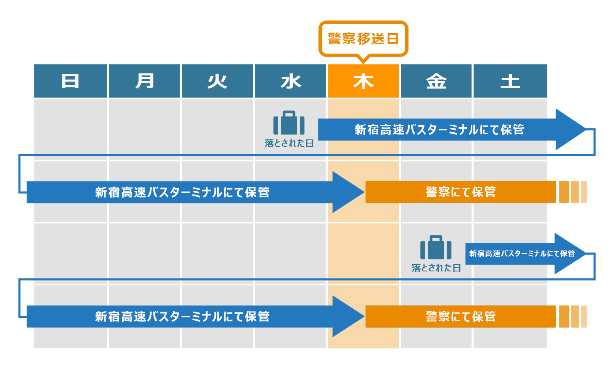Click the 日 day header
tap(70, 81)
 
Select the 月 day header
tap(144, 81)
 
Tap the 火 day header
tap(217, 81)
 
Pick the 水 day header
tap(290, 81)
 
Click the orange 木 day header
tap(363, 81)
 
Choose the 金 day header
tap(436, 81)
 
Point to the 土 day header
tap(510, 81)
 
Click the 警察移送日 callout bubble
tap(363, 39)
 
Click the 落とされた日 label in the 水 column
tap(289, 143)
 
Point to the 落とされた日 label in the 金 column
tap(436, 268)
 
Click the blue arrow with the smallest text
tap(522, 253)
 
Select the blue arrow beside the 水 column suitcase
tap(439, 130)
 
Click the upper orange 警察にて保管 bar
tap(460, 192)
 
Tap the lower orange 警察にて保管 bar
tap(460, 317)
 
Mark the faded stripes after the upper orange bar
tap(573, 192)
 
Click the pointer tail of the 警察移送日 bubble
tap(363, 60)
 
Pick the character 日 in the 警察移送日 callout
tap(393, 39)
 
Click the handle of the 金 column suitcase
tap(436, 237)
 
